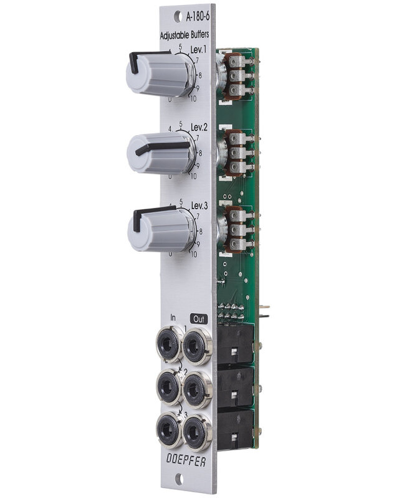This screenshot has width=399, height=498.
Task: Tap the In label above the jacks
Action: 164,316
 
